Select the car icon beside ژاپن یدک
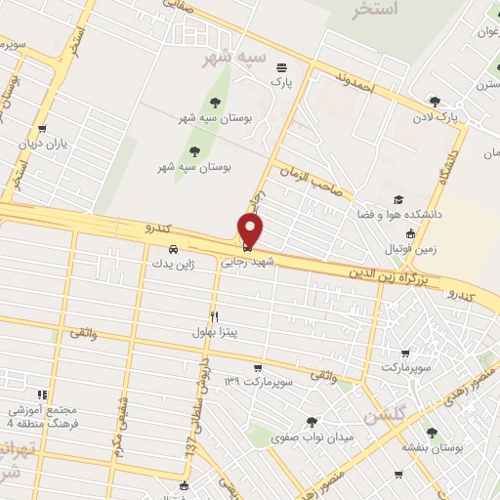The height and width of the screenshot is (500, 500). click(173, 248)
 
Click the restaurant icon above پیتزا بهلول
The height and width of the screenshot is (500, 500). click(213, 315)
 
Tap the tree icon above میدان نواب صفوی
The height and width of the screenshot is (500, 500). click(312, 421)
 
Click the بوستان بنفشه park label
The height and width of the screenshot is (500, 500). click(428, 446)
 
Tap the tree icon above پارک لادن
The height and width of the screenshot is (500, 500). click(435, 101)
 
